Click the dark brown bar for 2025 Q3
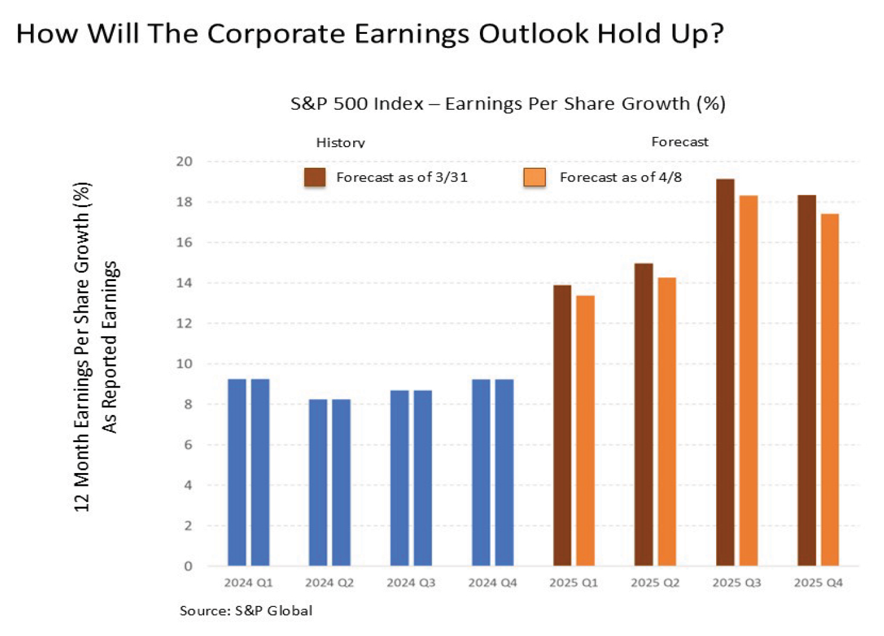[725, 373]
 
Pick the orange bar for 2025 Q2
[666, 422]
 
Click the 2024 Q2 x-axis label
[329, 583]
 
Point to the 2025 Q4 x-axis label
[818, 583]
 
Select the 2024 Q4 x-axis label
[493, 583]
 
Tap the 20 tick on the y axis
[184, 162]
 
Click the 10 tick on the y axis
[184, 364]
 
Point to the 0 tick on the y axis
[188, 566]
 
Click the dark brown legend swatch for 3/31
[315, 177]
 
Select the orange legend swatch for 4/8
[534, 177]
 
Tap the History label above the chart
[341, 143]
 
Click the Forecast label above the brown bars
[679, 142]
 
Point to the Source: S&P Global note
[246, 611]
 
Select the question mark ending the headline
[716, 33]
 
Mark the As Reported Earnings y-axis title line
[109, 347]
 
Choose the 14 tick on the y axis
[184, 283]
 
